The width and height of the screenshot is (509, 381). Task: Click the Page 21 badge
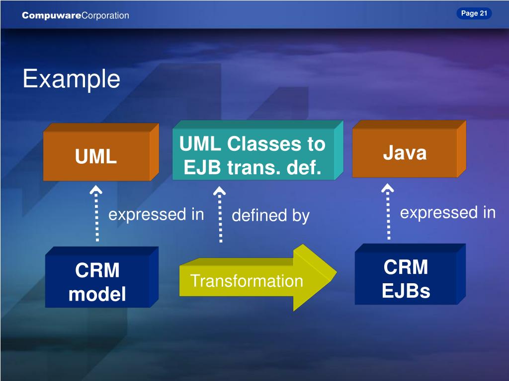[x=474, y=13]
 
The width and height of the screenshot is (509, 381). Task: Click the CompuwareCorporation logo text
[x=76, y=15]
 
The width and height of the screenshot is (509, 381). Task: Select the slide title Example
[x=72, y=79]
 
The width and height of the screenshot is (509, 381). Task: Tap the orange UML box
[x=101, y=152]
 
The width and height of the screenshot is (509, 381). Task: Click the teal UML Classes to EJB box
[x=258, y=150]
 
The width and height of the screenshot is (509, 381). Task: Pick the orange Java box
[x=409, y=149]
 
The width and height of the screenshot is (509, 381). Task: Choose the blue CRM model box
[x=101, y=277]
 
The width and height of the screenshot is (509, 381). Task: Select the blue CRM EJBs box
[x=410, y=274]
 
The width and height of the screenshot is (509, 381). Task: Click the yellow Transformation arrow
[x=258, y=278]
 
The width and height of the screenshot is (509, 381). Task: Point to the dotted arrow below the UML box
[x=96, y=213]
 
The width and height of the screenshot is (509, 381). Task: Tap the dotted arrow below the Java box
[x=388, y=211]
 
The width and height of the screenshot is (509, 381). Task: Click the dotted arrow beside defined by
[x=220, y=214]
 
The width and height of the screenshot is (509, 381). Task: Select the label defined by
[x=271, y=215]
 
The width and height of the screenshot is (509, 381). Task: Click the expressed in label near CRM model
[x=156, y=214]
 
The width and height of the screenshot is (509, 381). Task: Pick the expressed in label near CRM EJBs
[x=448, y=212]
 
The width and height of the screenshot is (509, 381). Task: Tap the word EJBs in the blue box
[x=406, y=291]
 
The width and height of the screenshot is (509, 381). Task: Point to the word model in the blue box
[x=97, y=294]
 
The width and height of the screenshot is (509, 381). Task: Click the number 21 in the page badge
[x=484, y=13]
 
